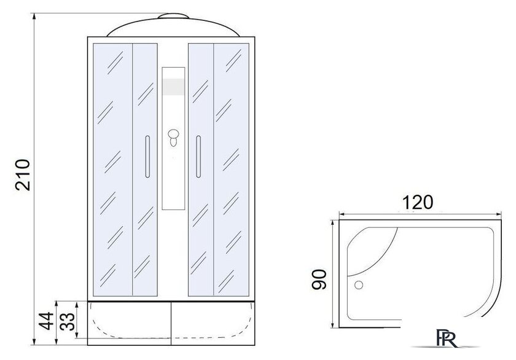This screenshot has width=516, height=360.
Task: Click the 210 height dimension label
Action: pos(23,175)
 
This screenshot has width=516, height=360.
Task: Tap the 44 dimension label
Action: pos(45,321)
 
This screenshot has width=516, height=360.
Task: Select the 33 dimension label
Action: pos(68,321)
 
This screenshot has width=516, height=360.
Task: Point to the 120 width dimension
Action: pos(418,202)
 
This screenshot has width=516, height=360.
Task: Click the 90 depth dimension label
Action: pos(319,280)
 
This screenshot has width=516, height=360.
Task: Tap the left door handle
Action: pos(147,157)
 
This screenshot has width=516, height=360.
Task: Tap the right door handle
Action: pos(198,157)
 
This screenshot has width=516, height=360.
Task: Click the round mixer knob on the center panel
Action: pos(173,134)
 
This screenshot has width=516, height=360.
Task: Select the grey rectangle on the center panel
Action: pos(173,87)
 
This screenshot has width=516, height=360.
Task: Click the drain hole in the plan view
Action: pos(358,285)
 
